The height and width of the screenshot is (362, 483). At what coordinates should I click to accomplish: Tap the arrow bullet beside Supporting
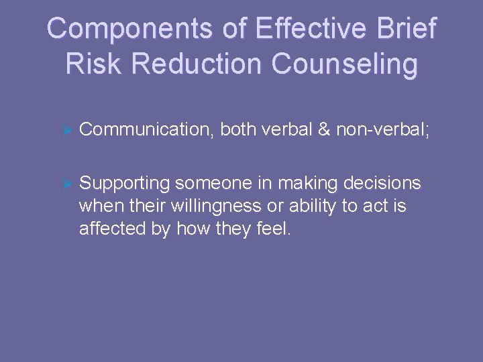pos(66,184)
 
